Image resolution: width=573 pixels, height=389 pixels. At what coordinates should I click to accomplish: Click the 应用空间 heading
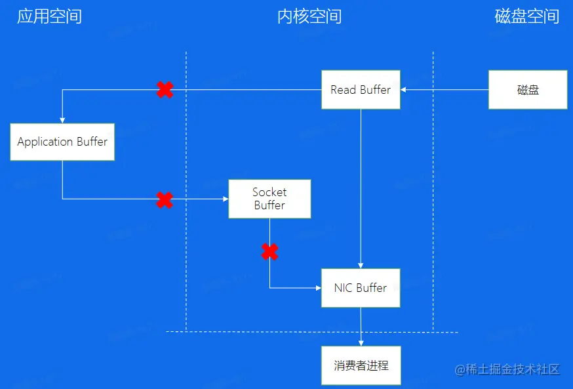[49, 16]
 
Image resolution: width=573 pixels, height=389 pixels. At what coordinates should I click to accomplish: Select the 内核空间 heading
[309, 16]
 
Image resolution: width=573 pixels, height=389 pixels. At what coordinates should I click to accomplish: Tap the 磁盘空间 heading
[526, 16]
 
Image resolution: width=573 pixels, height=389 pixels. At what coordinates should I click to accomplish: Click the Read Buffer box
[361, 89]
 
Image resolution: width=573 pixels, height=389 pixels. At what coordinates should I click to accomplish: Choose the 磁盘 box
[528, 90]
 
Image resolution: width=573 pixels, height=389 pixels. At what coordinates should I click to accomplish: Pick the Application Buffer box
[62, 141]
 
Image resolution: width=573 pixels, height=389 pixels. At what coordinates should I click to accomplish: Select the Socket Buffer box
[269, 199]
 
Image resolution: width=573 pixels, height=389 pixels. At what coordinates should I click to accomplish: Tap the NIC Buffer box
[361, 287]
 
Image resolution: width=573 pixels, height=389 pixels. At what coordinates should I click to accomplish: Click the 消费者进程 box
[361, 365]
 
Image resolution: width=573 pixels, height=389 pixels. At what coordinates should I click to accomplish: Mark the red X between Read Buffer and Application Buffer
[165, 90]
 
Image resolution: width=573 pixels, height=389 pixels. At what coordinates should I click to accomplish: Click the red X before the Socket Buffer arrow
[165, 199]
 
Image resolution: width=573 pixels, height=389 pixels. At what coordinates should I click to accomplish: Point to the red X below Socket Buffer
[269, 251]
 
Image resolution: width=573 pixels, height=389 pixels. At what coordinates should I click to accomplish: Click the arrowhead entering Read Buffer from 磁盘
[404, 90]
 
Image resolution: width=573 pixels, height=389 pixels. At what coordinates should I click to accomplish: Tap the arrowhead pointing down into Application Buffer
[62, 119]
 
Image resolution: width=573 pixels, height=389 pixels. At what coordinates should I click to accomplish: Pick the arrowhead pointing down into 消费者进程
[361, 342]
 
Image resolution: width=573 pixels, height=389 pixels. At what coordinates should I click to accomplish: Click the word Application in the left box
[45, 142]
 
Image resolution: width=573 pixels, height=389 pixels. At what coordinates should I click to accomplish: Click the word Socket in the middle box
[269, 192]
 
